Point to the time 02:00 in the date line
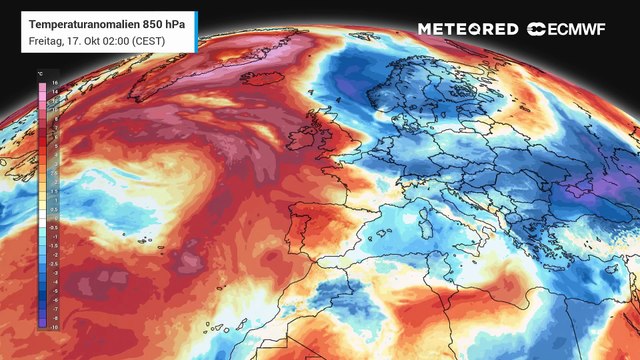tap(122, 40)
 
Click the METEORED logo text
tap(468, 29)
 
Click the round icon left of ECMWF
tap(536, 29)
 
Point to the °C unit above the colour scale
tap(39, 74)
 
